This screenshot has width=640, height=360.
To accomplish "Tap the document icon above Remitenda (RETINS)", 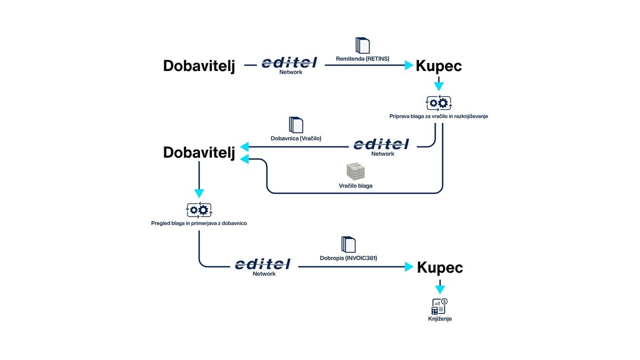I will (362, 45).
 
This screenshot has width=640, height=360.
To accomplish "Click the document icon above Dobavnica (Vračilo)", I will (295, 125).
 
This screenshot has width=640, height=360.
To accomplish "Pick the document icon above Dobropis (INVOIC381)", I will (348, 244).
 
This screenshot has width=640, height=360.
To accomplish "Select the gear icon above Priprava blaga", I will (438, 103).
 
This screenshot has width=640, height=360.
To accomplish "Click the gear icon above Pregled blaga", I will (199, 210).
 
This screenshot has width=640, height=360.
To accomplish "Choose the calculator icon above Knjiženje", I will (439, 306).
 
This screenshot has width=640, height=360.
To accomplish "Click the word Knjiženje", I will (439, 319).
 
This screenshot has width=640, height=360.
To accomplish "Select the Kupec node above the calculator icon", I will (439, 267).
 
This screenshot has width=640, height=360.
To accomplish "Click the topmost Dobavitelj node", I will (199, 66).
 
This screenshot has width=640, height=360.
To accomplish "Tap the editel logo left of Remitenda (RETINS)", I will (290, 63).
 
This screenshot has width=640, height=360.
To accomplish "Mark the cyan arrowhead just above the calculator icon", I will (439, 290).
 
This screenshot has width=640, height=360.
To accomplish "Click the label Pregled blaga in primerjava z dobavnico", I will (199, 223).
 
